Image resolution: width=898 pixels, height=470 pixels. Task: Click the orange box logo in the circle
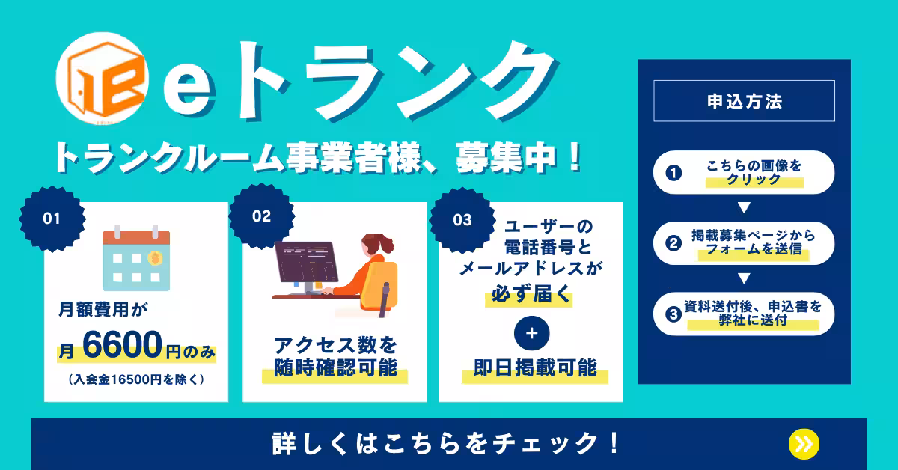pos(106,79)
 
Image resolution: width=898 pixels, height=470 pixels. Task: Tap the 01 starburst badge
pos(52,219)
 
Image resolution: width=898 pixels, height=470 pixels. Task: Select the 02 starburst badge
pos(262,216)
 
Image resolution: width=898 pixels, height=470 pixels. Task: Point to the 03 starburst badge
pos(462,220)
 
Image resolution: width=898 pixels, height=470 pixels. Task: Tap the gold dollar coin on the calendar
pos(155,259)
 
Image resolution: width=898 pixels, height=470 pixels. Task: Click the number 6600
pos(122,344)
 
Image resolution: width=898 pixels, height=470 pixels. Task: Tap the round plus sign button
pos(531,333)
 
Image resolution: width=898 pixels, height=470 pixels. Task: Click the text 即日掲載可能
pos(535,367)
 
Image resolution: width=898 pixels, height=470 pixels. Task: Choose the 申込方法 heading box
pos(744,100)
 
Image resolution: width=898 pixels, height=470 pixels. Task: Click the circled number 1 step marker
pos(673,173)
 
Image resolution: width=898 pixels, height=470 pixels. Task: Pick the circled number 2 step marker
pos(673,243)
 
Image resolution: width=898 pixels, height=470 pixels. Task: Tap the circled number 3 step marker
pos(673,314)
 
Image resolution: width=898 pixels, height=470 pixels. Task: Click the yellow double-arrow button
pos(804,444)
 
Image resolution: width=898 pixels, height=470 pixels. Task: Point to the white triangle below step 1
pos(744,207)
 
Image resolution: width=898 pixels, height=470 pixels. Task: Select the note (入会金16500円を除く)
pos(136,379)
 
